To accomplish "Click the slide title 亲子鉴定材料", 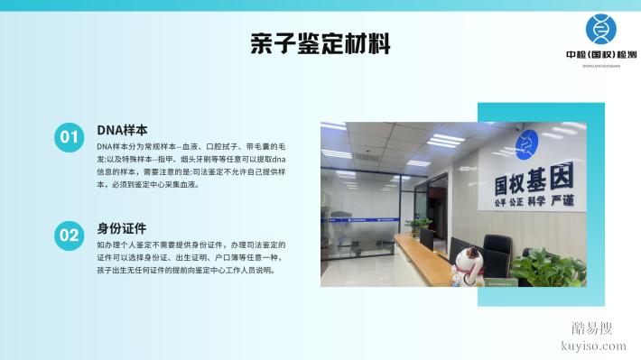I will (x=320, y=44).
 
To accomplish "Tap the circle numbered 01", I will (x=70, y=137).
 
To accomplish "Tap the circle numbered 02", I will (x=70, y=236).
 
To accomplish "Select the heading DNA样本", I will (x=122, y=129).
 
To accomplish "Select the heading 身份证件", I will (x=121, y=228).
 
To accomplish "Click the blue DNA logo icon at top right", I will (x=600, y=29).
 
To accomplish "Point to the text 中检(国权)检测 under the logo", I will (x=599, y=54).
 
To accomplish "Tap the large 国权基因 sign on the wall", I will (x=534, y=180).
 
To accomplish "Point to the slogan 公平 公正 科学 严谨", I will (x=535, y=202).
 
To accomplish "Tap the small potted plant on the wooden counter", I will (x=419, y=224).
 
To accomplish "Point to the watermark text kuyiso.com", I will (x=592, y=346).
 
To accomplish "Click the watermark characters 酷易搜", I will (x=592, y=328).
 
